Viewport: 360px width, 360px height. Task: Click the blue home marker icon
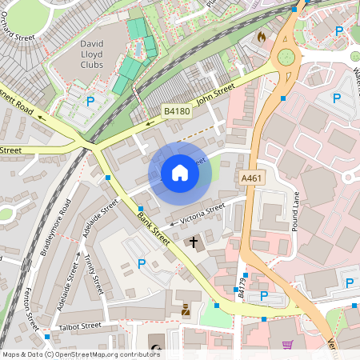click(x=180, y=173)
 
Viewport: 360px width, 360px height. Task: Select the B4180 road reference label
click(x=177, y=111)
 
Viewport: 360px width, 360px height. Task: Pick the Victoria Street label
click(x=203, y=212)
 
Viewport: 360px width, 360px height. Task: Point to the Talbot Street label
click(x=79, y=326)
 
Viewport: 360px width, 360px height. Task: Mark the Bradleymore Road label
click(x=55, y=227)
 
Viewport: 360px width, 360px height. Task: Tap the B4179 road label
click(x=243, y=284)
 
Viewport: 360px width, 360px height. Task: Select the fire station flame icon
click(x=260, y=37)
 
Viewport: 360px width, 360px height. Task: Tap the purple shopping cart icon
click(x=288, y=345)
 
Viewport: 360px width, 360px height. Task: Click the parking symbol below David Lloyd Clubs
click(x=90, y=102)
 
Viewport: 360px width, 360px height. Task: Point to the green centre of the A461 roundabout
click(x=286, y=57)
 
